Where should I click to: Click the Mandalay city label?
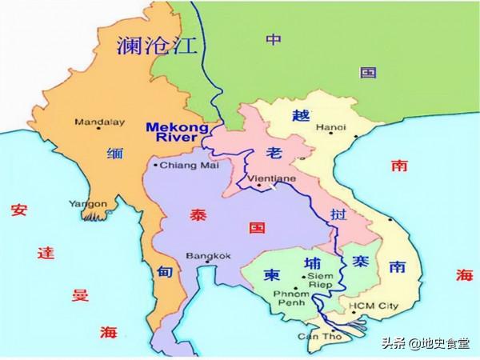pyautogui.click(x=94, y=122)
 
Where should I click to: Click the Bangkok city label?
pyautogui.click(x=208, y=256)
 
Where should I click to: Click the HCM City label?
pyautogui.click(x=373, y=306)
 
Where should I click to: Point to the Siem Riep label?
pyautogui.click(x=319, y=279)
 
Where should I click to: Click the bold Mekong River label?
pyautogui.click(x=176, y=134)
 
